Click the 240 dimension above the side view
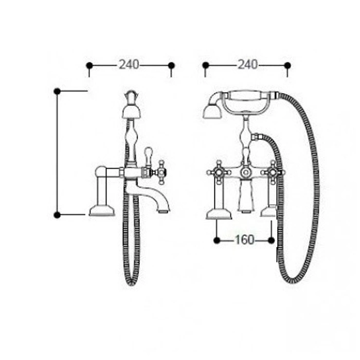(x=129, y=64)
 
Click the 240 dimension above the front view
(x=247, y=64)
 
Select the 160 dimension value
(x=244, y=240)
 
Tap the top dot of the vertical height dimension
(x=57, y=92)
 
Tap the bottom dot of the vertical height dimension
(x=57, y=215)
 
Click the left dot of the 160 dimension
(x=217, y=240)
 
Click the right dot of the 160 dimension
(x=271, y=240)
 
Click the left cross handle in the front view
(x=219, y=172)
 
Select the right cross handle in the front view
(x=273, y=172)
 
